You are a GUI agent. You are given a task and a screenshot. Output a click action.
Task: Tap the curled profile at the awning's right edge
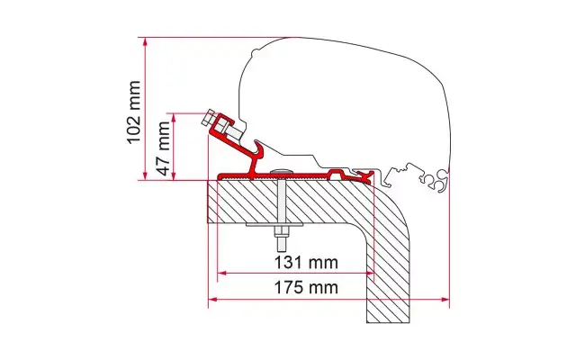pyautogui.click(x=438, y=182)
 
